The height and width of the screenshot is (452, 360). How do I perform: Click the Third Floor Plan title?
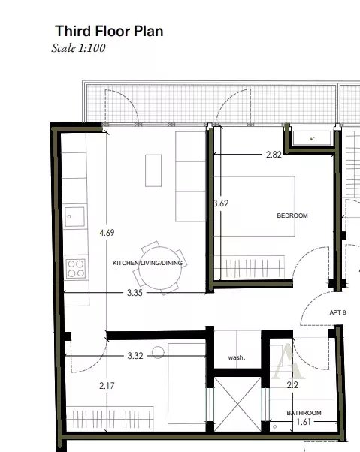(108, 32)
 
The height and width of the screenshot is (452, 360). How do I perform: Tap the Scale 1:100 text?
(79, 47)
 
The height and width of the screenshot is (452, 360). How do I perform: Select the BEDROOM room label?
(292, 215)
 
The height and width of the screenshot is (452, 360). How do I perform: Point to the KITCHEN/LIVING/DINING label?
(147, 264)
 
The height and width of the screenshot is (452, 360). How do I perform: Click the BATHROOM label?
(304, 413)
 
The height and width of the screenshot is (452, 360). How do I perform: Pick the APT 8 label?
(337, 312)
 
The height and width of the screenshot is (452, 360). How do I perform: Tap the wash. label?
(237, 357)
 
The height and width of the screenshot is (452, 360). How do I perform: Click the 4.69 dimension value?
(107, 233)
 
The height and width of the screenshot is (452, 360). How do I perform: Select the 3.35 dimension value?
(135, 291)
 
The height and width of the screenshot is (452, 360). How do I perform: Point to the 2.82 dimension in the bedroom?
(274, 155)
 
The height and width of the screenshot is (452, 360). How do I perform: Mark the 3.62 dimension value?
(219, 203)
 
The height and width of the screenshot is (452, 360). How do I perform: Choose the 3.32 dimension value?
(135, 355)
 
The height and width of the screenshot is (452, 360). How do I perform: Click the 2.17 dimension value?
(107, 386)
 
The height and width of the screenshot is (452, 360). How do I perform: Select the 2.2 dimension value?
(293, 386)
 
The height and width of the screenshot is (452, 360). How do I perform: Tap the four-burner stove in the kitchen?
(75, 265)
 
